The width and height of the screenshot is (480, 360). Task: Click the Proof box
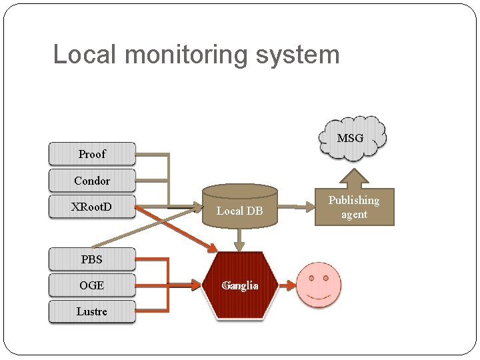click(x=92, y=154)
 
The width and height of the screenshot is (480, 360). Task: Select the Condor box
click(x=92, y=181)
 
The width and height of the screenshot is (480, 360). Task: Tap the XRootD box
click(x=92, y=207)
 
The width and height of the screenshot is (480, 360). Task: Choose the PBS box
click(x=92, y=259)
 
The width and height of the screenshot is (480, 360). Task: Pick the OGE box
click(x=92, y=285)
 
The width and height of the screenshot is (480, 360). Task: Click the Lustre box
click(x=92, y=311)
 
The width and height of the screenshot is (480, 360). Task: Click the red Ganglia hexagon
click(x=240, y=286)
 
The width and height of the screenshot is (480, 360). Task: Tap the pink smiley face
click(x=319, y=285)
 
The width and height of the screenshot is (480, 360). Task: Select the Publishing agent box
click(x=354, y=207)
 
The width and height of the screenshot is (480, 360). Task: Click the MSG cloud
click(x=353, y=139)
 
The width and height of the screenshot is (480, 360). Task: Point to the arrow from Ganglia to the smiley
click(x=287, y=286)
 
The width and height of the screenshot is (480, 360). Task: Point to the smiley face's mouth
click(x=319, y=295)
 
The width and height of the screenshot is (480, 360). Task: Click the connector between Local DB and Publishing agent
click(x=295, y=206)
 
